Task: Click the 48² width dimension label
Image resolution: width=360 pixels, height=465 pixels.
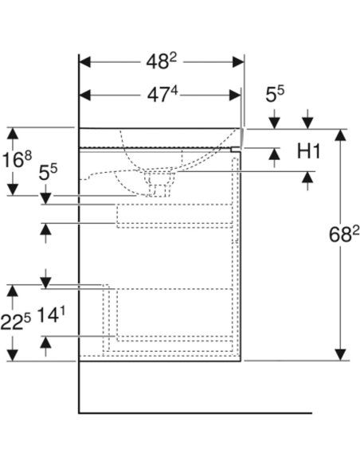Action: (x=161, y=61)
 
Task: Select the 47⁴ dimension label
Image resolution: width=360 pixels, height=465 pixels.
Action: (x=162, y=95)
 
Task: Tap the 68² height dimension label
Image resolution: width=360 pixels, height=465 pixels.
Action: (x=344, y=234)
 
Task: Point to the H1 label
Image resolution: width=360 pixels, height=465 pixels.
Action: (x=309, y=151)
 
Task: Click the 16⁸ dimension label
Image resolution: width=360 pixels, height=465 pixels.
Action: (x=17, y=159)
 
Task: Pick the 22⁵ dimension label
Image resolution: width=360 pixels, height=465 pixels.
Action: (x=15, y=322)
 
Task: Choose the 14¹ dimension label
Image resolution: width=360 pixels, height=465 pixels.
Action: (x=51, y=315)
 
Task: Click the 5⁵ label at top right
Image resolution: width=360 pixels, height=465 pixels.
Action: (x=275, y=94)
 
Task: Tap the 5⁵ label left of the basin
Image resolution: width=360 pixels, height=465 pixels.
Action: (x=48, y=173)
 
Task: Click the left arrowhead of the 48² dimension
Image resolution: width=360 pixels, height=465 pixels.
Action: (x=84, y=62)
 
